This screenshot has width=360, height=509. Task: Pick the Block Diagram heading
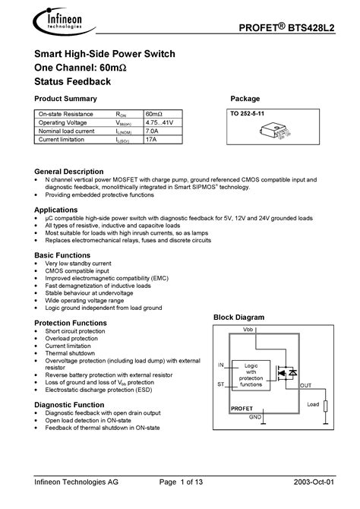pos(238,317)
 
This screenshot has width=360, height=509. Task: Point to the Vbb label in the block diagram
pos(248,330)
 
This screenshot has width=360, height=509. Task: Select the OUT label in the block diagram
pos(306,386)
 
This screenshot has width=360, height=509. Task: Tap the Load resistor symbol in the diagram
pos(325,405)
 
